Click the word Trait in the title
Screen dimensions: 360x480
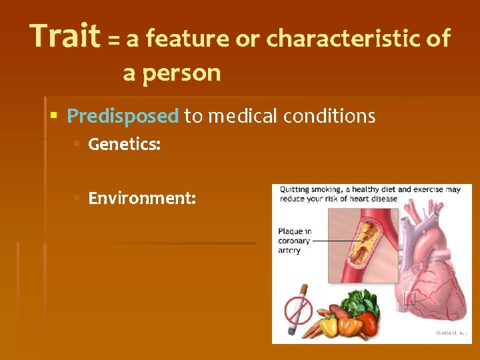pos(65,37)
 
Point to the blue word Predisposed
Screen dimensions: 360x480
pos(123,117)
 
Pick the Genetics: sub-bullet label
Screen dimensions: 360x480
pos(124,144)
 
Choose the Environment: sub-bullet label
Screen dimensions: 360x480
pos(142,198)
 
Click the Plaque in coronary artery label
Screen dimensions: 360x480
pos(294,241)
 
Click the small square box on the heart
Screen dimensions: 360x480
pos(409,298)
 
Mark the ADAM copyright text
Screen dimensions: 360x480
pos(451,332)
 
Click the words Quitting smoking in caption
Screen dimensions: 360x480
pos(307,189)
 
